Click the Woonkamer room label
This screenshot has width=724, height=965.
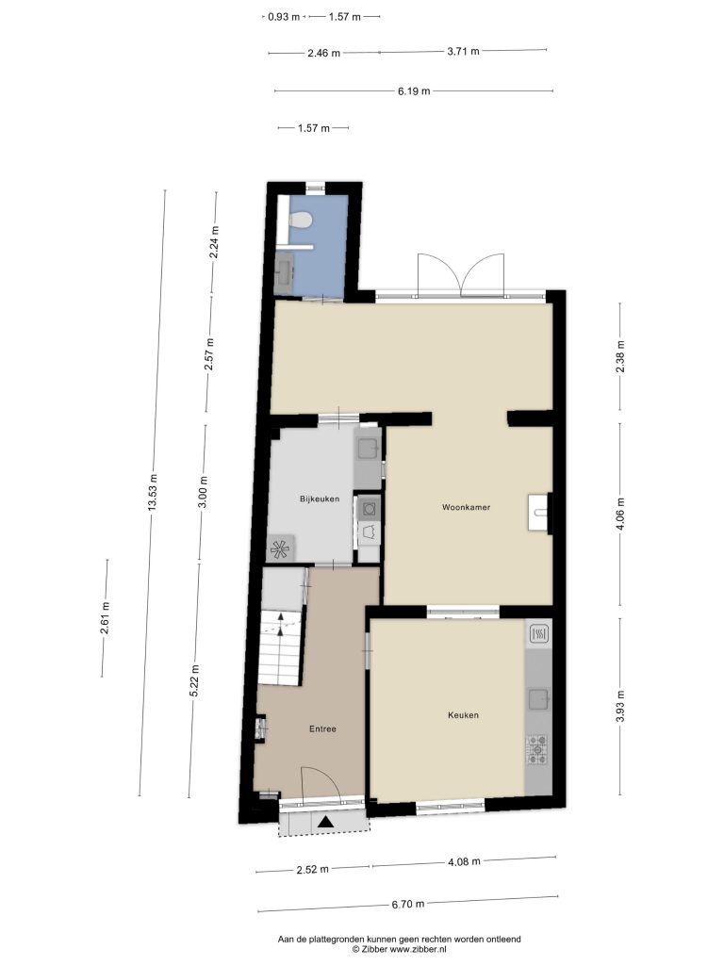pos(466,507)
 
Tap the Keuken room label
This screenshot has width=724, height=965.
pos(463,714)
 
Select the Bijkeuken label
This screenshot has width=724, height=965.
pos(320,499)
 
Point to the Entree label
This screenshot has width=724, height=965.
pos(322,728)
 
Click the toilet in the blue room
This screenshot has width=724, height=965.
pos(301,220)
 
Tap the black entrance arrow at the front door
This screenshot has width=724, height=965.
pos(325,821)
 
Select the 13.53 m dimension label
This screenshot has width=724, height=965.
pos(154,492)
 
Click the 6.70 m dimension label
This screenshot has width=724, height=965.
pos(407,904)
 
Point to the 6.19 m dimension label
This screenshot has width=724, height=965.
pos(414,91)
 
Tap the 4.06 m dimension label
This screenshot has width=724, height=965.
pos(620,514)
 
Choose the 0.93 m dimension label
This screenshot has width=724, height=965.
pos(284,17)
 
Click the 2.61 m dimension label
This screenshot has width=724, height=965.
pos(105,617)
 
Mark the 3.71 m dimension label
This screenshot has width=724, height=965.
pos(463,51)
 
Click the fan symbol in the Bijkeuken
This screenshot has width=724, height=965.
pos(281,549)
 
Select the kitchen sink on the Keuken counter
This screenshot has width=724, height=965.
pos(538,698)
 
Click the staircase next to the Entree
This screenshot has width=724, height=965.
pos(281,646)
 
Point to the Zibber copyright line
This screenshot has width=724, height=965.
pos(399,950)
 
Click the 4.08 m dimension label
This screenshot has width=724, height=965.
pos(464,861)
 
